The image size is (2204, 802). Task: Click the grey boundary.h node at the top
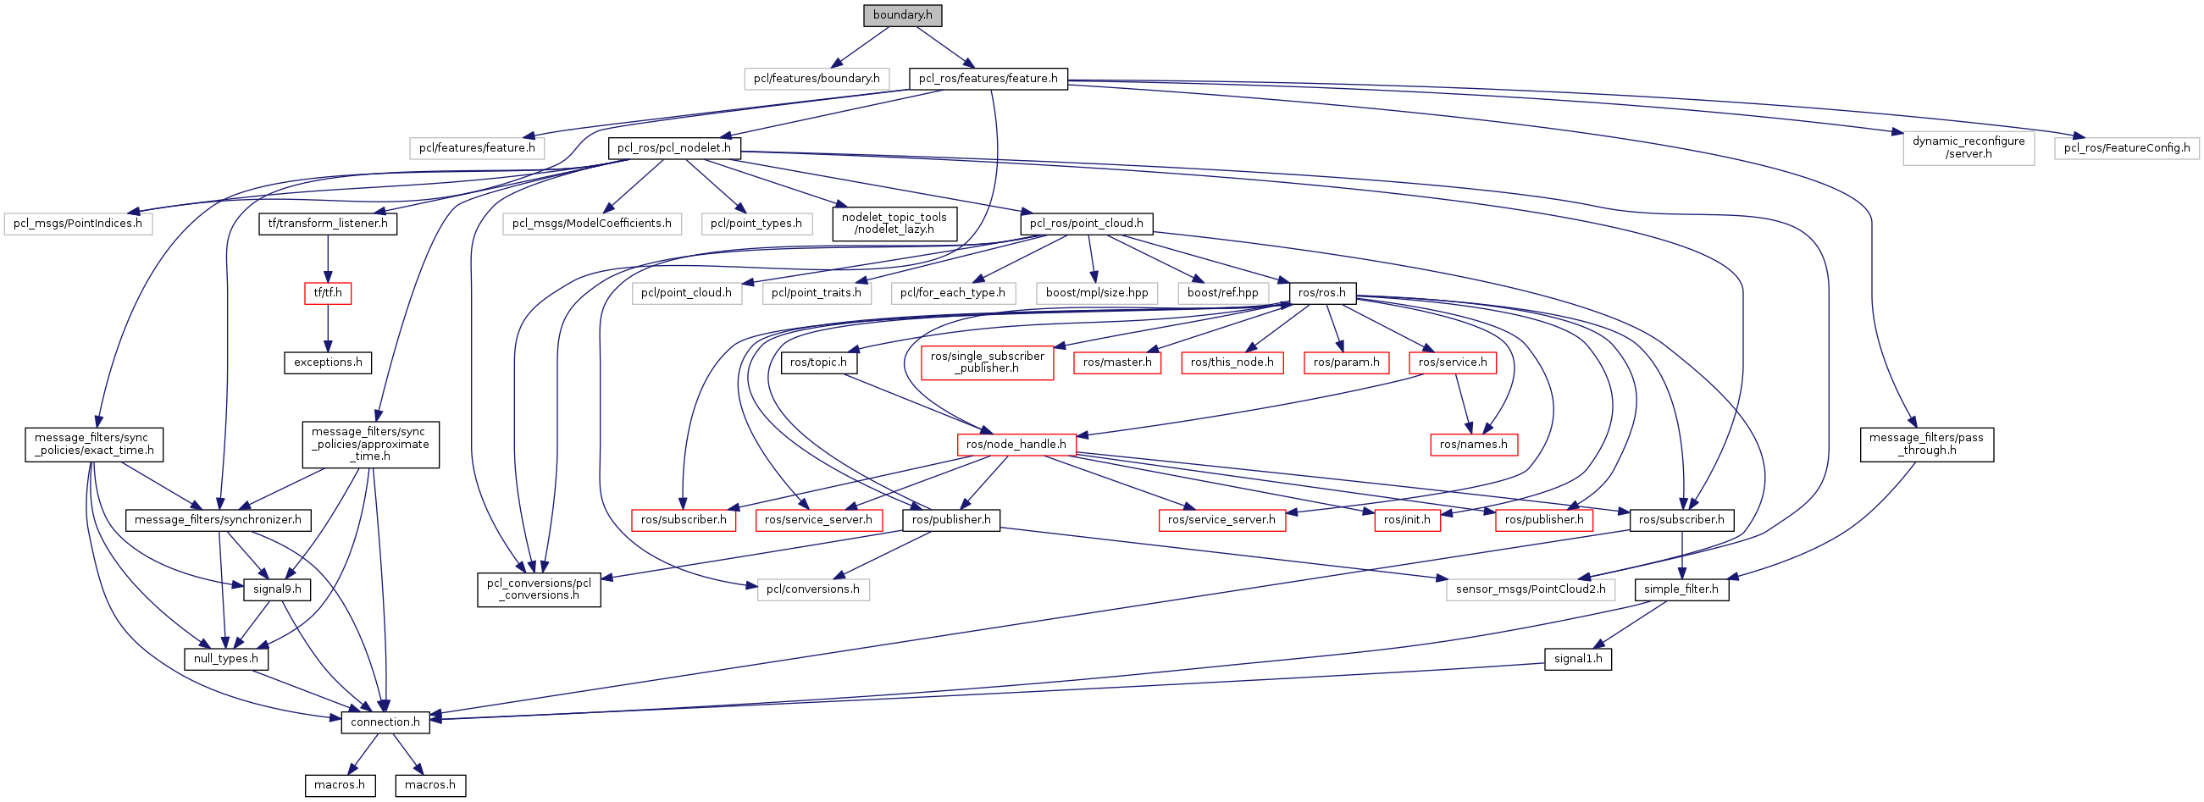902,15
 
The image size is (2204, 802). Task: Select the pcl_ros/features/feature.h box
988,79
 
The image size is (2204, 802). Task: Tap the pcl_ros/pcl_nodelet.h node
674,148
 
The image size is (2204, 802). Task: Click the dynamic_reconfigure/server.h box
1968,148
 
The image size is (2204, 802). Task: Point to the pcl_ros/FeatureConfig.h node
2126,148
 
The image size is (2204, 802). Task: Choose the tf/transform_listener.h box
328,224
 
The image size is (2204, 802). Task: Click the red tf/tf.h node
328,293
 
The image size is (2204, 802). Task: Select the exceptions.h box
328,362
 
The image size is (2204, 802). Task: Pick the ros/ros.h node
1321,293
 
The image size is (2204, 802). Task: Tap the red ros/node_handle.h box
1016,445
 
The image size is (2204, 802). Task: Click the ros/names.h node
1473,445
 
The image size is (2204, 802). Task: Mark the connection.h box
385,722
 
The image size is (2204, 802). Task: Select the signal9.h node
277,590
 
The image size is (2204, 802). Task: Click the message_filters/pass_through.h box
1926,445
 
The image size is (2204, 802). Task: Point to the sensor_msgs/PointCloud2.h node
1530,590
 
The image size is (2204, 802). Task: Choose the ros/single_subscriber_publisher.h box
988,362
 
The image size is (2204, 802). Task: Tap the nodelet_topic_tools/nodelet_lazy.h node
894,224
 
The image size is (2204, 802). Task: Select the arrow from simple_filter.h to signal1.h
1630,625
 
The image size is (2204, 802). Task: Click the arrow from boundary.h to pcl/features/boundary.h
860,47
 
